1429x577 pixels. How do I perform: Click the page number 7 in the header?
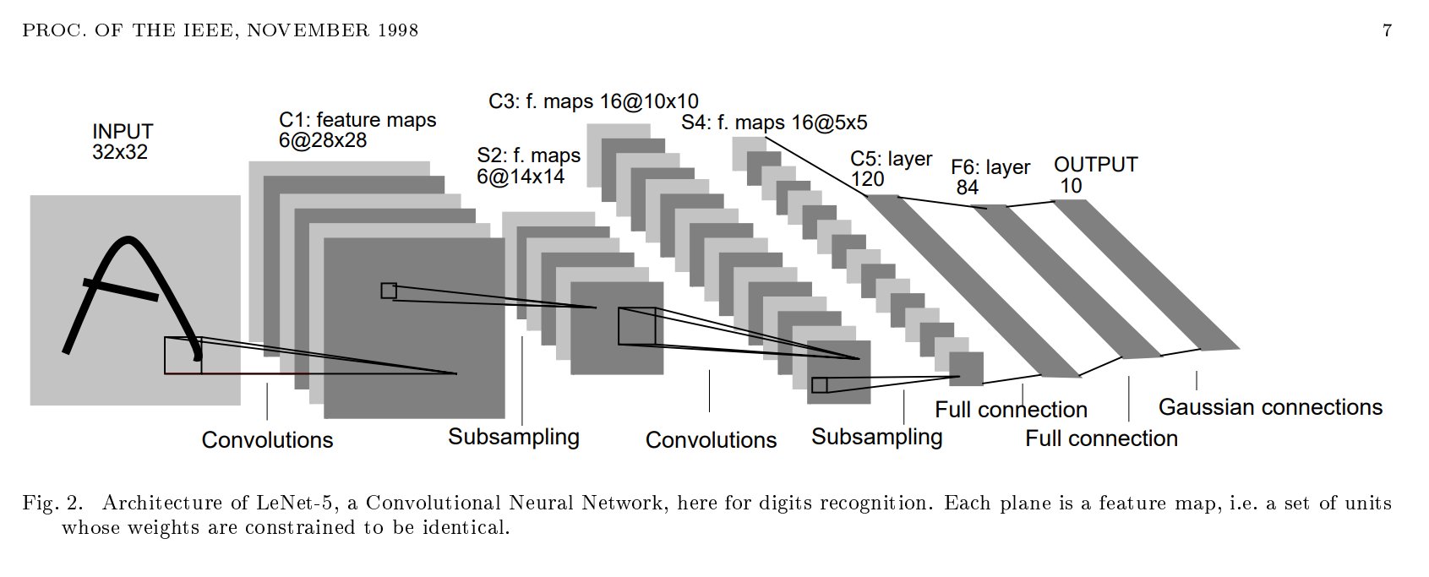pyautogui.click(x=1387, y=30)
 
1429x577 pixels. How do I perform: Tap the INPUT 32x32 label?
pyautogui.click(x=122, y=142)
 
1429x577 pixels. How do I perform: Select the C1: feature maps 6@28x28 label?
pyautogui.click(x=357, y=130)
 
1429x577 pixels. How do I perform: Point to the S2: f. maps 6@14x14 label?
pyautogui.click(x=528, y=166)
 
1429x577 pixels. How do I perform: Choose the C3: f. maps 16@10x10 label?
pyautogui.click(x=593, y=101)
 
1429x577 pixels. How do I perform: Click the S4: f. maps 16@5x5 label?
pyautogui.click(x=774, y=122)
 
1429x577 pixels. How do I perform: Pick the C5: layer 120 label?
pyautogui.click(x=890, y=169)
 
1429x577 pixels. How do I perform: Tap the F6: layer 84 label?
pyautogui.click(x=990, y=177)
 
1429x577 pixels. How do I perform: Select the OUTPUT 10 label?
pyautogui.click(x=1095, y=175)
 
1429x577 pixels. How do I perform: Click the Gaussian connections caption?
pyautogui.click(x=1270, y=407)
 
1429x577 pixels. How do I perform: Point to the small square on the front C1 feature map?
pyautogui.click(x=389, y=291)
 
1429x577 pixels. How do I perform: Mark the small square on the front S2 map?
pyautogui.click(x=636, y=326)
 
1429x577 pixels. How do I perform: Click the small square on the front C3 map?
pyautogui.click(x=819, y=385)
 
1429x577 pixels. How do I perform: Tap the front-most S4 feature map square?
pyautogui.click(x=966, y=368)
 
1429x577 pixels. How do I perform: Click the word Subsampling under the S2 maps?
pyautogui.click(x=514, y=437)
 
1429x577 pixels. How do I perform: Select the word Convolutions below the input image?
pyautogui.click(x=267, y=440)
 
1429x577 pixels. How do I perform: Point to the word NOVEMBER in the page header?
pyautogui.click(x=308, y=30)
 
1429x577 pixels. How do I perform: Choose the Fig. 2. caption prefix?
pyautogui.click(x=52, y=504)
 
